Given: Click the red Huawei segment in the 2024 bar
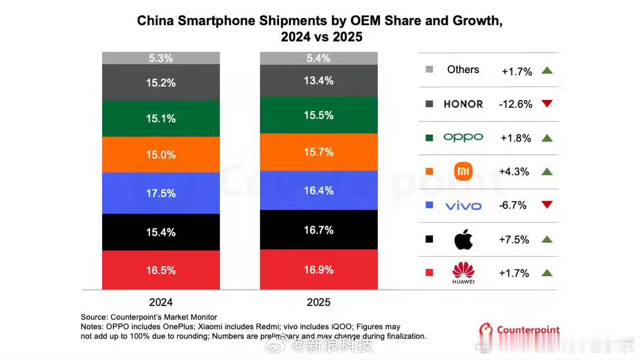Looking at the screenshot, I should point(161,270).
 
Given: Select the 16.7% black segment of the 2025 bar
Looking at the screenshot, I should point(318,230).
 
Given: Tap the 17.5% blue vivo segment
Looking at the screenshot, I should point(161,193).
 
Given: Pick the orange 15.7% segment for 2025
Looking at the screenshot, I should point(318,152).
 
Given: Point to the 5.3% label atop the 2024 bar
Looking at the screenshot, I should point(161,58).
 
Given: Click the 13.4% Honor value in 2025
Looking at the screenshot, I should point(318,81).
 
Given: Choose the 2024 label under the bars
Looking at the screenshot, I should point(161,302).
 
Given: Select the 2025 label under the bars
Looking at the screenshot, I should point(318,302).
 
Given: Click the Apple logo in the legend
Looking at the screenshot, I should point(463,240).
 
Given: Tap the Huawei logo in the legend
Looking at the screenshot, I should point(463,272).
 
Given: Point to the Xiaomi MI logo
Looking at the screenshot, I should point(463,171).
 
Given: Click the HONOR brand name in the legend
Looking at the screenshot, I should point(463,104).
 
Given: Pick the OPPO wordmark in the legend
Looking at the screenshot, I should point(463,138).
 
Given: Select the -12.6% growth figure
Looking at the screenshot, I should point(515,104).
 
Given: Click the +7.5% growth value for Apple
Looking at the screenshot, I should point(514,240).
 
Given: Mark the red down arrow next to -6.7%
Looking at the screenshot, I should point(547,205).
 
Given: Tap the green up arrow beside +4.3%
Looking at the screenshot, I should point(547,171).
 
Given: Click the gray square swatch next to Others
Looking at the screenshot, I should point(429,70).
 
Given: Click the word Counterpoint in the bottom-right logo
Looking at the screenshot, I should point(528,330).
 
